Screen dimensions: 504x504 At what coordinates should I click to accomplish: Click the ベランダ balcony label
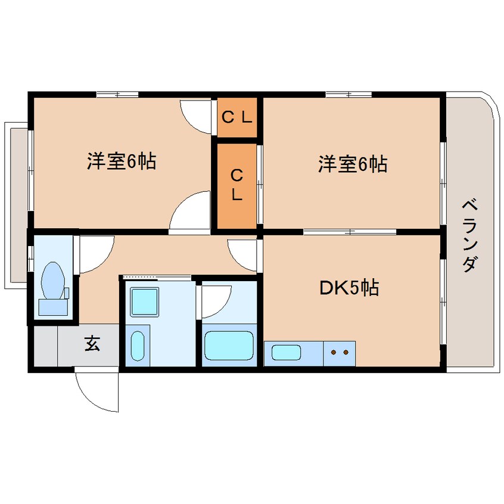coord(470,236)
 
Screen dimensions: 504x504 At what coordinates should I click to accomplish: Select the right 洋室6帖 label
coord(352,163)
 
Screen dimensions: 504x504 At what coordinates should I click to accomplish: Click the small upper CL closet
coord(237,117)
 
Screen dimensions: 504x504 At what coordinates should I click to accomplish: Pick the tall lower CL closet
coord(237,185)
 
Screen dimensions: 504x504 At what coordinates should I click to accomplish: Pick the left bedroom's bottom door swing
coord(192,211)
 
